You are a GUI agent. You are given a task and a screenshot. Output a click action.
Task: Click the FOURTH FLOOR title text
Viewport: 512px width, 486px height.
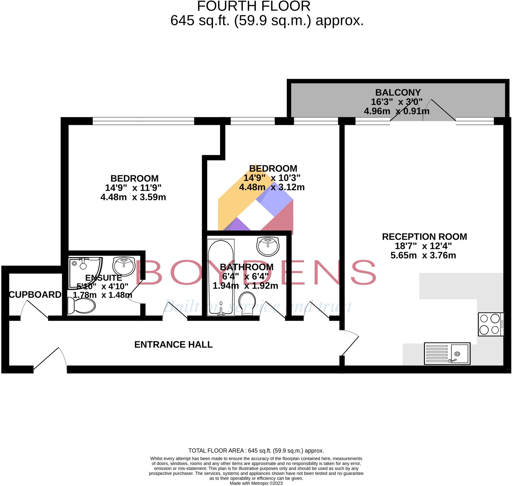[253, 6]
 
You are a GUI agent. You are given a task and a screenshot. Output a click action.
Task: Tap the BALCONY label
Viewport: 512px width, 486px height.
[397, 92]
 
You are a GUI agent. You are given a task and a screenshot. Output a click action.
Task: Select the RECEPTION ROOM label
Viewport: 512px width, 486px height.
[424, 237]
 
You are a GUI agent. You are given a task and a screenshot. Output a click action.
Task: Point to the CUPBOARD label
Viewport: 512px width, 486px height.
[35, 294]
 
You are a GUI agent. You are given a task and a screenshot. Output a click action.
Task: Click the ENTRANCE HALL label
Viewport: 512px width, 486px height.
[173, 344]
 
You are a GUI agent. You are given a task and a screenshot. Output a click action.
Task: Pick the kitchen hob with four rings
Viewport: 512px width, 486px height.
[491, 324]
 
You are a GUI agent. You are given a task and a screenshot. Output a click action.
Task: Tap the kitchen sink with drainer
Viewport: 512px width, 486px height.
[447, 353]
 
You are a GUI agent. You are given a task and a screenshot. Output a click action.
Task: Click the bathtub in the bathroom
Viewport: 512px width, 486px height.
[221, 277]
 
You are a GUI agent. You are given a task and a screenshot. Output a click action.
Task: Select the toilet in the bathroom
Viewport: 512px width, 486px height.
[247, 303]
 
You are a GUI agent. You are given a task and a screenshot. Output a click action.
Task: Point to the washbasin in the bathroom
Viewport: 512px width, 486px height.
[268, 246]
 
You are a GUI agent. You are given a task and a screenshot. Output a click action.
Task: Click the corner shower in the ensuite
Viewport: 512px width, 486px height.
[83, 272]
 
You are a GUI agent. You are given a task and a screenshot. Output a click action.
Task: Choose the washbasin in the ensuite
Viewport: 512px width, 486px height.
[124, 266]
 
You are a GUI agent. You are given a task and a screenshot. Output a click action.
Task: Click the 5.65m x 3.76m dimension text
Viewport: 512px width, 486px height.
[423, 255]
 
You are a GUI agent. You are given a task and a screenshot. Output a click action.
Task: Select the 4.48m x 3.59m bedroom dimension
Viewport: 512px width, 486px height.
[133, 197]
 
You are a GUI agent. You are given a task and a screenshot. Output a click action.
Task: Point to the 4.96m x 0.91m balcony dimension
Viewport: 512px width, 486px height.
[396, 111]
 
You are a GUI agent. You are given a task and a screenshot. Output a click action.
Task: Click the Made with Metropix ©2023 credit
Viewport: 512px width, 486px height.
[256, 483]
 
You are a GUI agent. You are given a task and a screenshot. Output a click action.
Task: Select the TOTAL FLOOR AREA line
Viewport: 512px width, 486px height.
[256, 451]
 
